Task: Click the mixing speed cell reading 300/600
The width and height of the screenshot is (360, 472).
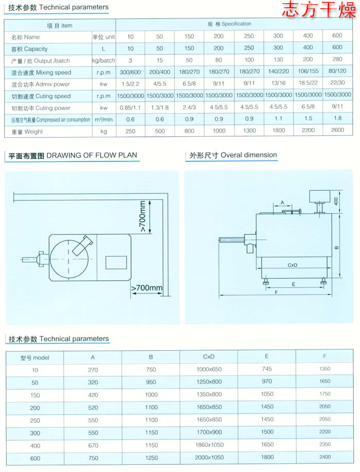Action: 130,72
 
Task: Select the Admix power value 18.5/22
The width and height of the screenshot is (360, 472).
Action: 308,84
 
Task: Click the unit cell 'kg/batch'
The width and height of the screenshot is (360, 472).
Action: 102,61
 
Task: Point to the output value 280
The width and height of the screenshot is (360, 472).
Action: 337,61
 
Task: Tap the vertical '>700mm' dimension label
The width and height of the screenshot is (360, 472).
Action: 142,216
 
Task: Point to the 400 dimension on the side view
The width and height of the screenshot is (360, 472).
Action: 337,201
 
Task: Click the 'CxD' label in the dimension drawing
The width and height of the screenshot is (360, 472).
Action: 293,265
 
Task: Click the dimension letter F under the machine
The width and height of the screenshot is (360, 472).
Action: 276,293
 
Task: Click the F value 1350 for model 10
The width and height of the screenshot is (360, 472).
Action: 325,369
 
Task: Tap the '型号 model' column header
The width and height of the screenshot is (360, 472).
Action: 35,357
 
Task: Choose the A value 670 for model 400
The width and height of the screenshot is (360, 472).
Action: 93,444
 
